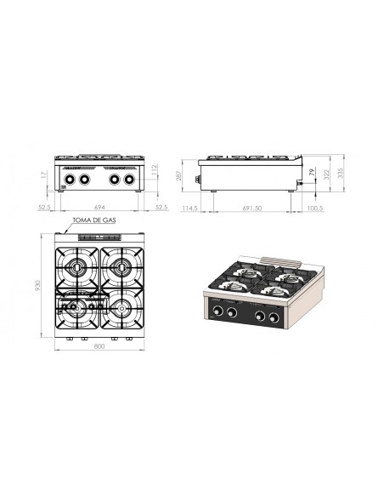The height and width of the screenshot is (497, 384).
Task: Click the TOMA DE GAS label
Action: (x=96, y=219)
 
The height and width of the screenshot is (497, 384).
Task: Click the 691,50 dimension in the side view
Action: (x=250, y=208)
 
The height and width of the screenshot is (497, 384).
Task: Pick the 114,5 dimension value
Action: (x=190, y=208)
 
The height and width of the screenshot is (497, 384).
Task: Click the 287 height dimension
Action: (x=178, y=176)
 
